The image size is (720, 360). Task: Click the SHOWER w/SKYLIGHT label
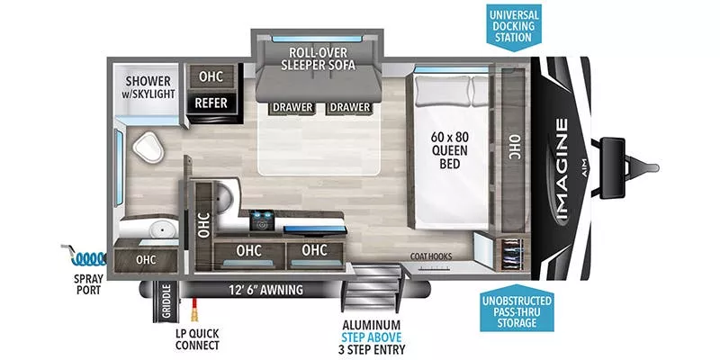149,86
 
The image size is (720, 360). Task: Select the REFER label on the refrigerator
211,103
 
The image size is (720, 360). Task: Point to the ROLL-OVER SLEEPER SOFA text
318,58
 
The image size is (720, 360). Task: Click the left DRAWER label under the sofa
292,108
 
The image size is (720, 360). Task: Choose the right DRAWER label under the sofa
350,108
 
